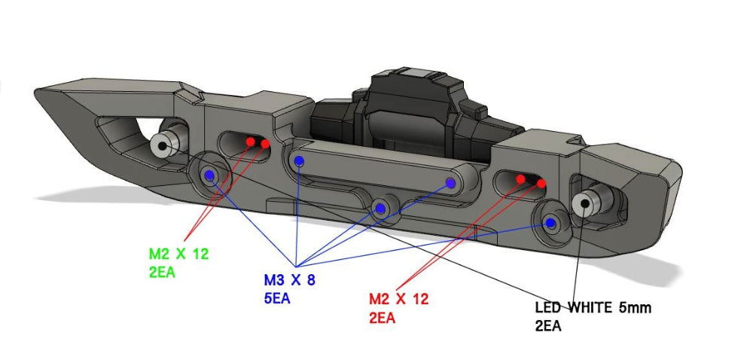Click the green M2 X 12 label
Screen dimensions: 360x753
[x=178, y=255]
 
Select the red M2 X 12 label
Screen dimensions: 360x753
[x=398, y=299]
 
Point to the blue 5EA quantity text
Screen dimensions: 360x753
[x=276, y=299]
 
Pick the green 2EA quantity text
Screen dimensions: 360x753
[x=162, y=273]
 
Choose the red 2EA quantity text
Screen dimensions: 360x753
[x=382, y=318]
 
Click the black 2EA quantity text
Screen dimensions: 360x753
[x=548, y=326]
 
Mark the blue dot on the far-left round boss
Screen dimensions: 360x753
[x=209, y=175]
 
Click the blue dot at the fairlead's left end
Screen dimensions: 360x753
[x=299, y=160]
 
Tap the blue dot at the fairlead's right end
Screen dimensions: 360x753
[x=451, y=182]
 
